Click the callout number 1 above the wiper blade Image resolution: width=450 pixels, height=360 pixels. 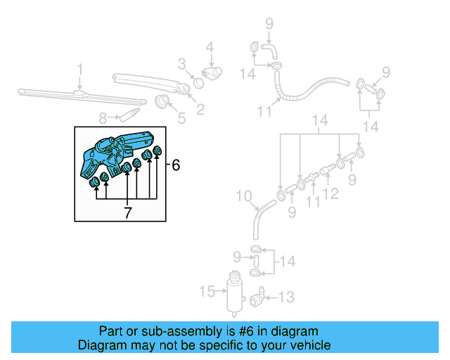pyautogui.click(x=79, y=70)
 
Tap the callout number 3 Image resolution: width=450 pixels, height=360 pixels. pyautogui.click(x=181, y=65)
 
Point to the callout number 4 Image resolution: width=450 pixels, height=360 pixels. pyautogui.click(x=209, y=48)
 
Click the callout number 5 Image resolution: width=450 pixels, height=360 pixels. pyautogui.click(x=181, y=118)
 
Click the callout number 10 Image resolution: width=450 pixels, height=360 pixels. pyautogui.click(x=243, y=195)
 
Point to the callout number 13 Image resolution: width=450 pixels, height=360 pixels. pyautogui.click(x=283, y=297)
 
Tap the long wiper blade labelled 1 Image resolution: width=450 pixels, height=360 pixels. pyautogui.click(x=63, y=91)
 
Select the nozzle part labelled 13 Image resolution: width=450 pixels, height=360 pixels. pyautogui.click(x=258, y=298)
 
